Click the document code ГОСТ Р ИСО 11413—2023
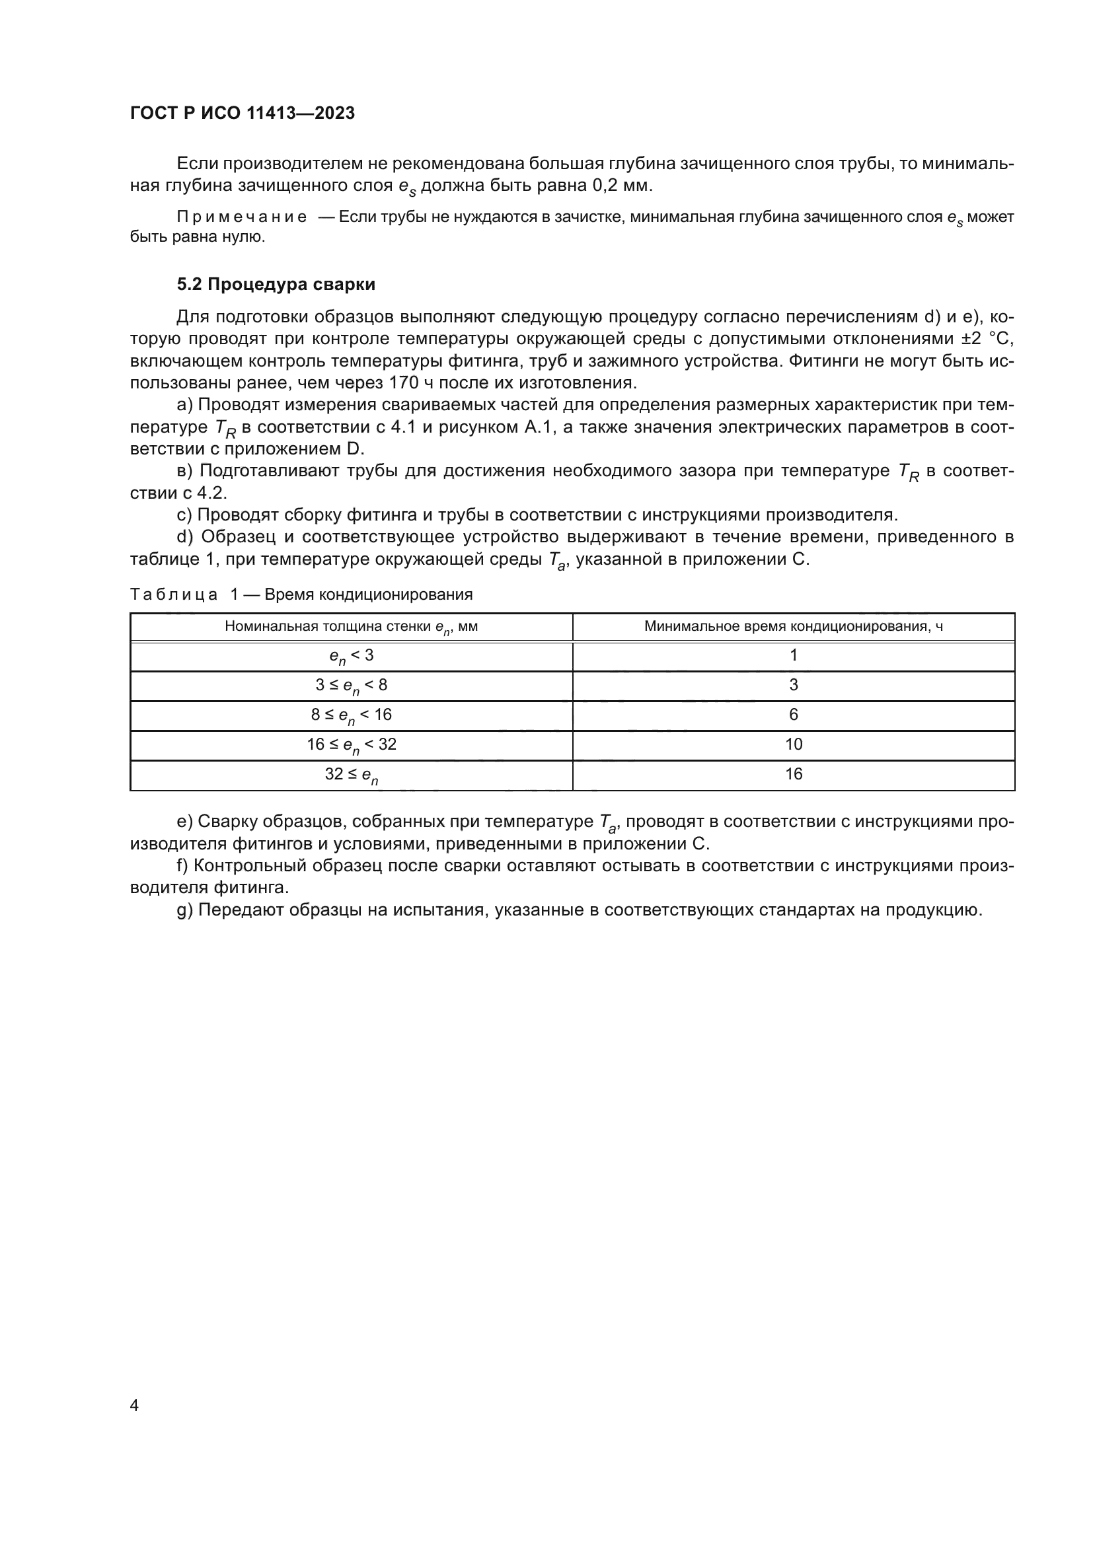tap(243, 113)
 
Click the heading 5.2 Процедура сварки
tap(276, 285)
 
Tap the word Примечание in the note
tap(242, 217)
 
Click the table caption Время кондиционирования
tap(368, 595)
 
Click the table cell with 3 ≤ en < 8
tap(351, 686)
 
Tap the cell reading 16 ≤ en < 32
tap(351, 745)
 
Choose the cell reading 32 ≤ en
tap(351, 775)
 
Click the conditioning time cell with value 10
tap(794, 744)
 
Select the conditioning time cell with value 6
tap(794, 715)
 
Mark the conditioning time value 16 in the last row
tap(794, 774)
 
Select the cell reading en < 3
tap(351, 656)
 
